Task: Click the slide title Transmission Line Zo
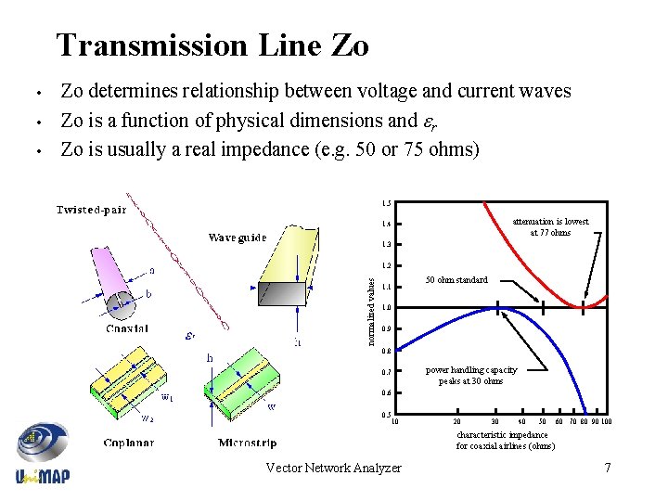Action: [x=212, y=45]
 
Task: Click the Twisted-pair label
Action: [x=92, y=210]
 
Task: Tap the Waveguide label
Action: [x=237, y=238]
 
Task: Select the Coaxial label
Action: [x=128, y=328]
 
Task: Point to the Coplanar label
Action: [x=129, y=443]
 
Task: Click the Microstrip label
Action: [x=247, y=443]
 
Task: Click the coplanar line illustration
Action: [x=130, y=385]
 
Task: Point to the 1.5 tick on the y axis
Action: [x=386, y=203]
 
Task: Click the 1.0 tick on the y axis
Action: [x=386, y=307]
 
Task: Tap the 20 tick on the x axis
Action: [x=456, y=423]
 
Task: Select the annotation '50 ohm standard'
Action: [x=456, y=279]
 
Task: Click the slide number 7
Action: [x=608, y=468]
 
